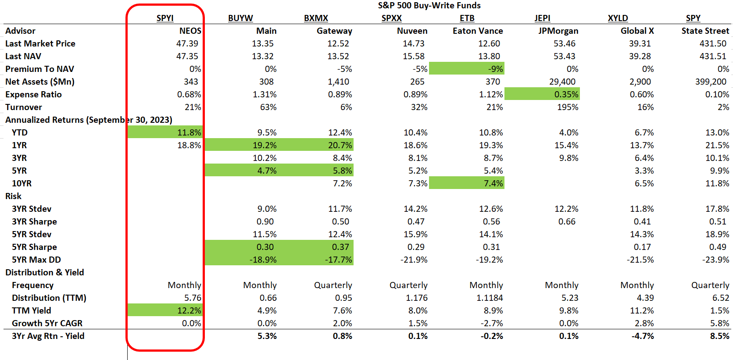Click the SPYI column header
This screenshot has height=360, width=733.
165,18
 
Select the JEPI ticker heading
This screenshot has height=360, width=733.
542,18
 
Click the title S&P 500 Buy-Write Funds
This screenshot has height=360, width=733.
429,5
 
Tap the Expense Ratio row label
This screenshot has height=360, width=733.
33,94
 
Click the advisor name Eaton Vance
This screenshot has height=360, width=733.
478,31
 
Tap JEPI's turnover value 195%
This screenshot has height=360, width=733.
568,107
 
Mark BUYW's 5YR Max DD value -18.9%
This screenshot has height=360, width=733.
263,260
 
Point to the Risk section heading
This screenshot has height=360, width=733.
13,196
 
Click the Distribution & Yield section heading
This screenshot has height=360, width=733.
44,272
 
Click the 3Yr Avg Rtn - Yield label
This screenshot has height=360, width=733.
48,336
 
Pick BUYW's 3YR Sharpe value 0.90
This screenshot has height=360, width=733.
265,221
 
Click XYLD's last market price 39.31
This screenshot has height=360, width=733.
640,43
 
